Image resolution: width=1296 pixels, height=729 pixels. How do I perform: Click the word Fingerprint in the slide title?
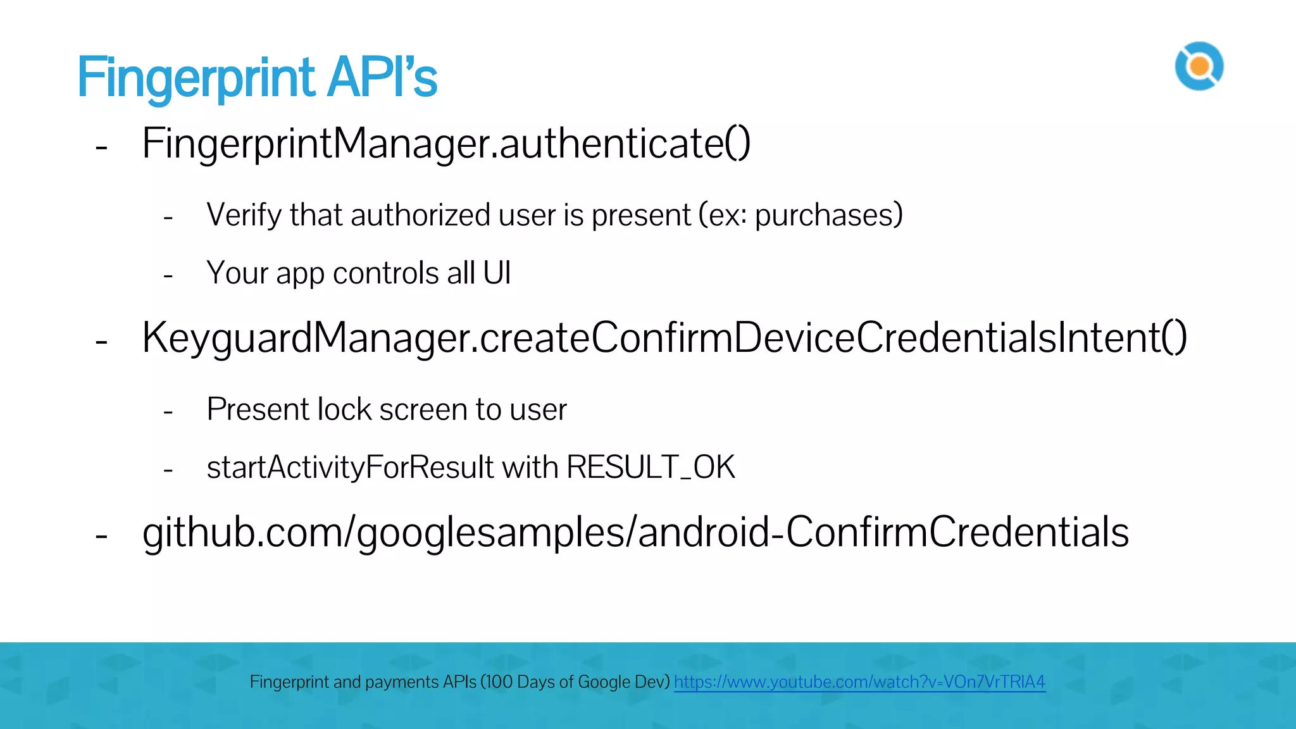195,78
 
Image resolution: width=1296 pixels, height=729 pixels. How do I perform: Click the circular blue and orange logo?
1199,66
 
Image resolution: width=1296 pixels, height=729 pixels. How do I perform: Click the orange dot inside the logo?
1199,66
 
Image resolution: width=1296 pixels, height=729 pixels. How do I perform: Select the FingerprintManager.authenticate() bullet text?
446,144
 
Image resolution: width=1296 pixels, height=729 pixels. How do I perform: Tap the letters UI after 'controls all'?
497,273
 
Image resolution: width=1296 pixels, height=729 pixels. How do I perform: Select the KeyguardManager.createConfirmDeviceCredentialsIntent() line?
664,338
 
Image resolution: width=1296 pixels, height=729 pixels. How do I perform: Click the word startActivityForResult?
350,468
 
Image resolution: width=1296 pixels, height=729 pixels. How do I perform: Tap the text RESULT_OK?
651,468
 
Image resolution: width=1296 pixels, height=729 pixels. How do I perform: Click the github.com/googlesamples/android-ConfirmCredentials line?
635,532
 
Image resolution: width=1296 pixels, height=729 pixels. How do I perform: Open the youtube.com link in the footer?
859,682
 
